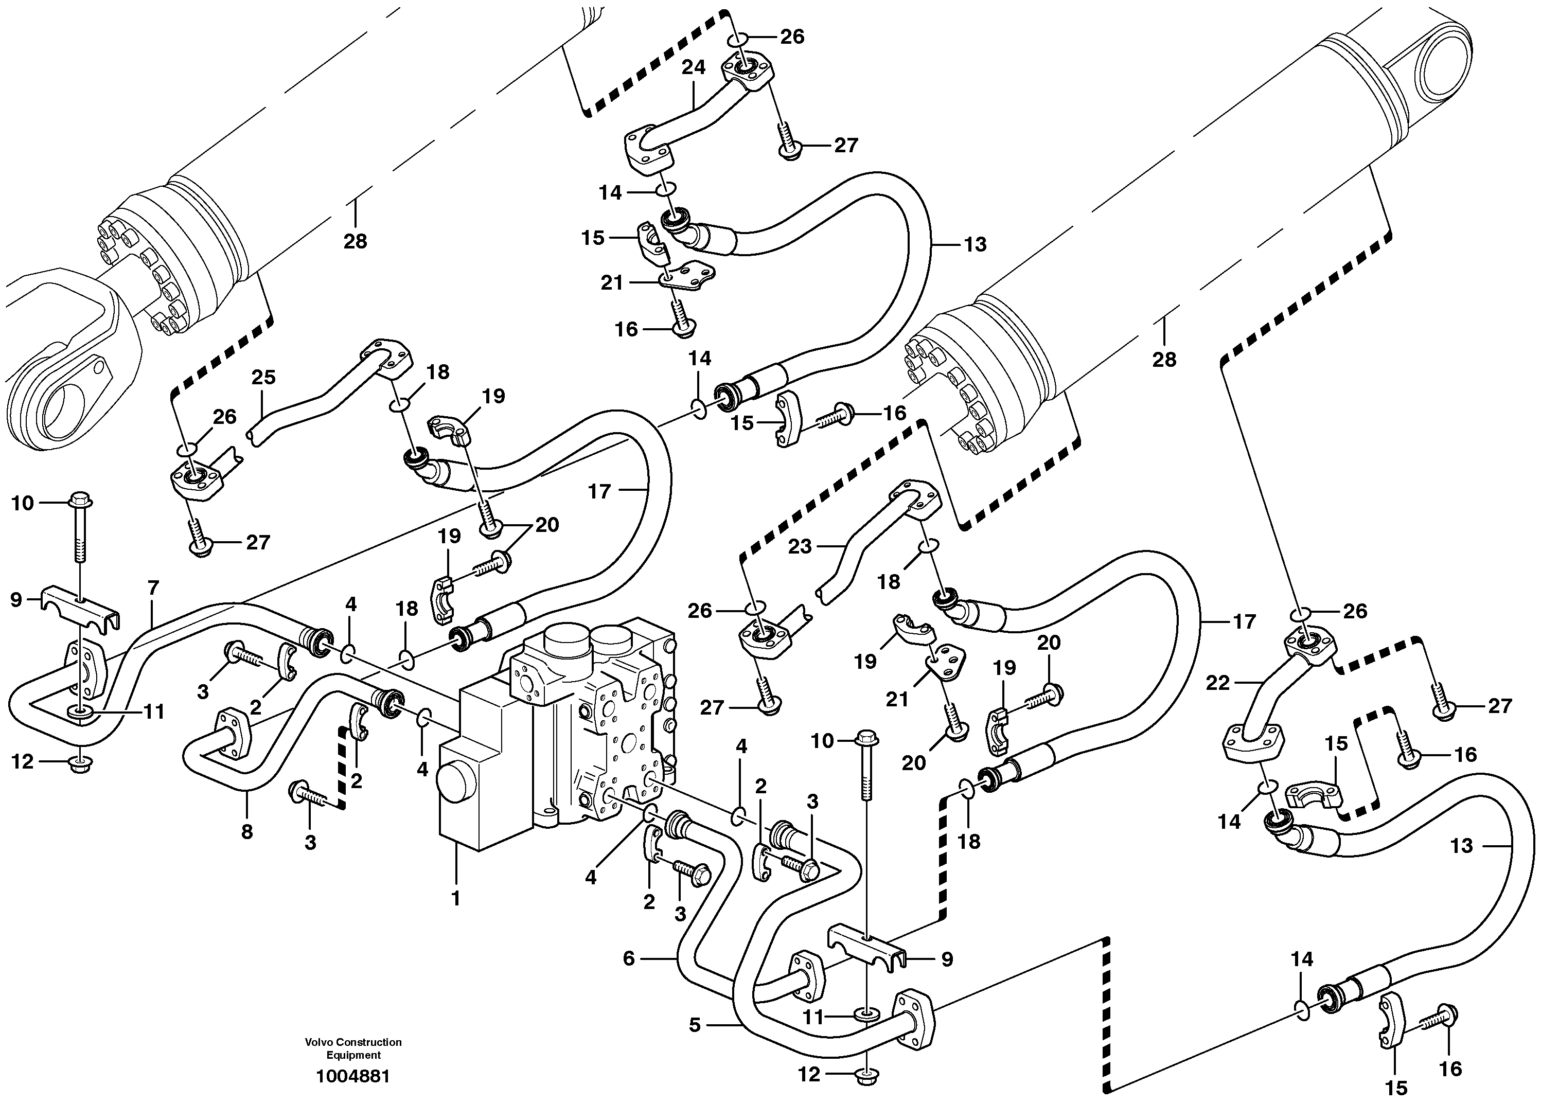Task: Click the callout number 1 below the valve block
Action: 456,898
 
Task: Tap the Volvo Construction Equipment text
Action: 353,1048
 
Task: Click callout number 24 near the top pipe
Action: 693,67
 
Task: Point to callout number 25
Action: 263,377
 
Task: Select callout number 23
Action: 800,546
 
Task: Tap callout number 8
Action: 246,831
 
